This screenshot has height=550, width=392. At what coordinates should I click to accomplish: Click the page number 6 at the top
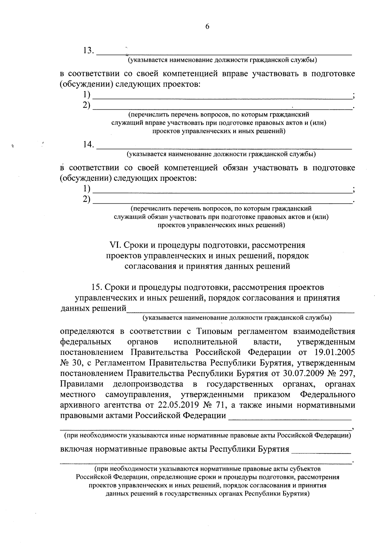point(207,27)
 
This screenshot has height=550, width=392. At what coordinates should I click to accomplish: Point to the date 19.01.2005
point(335,353)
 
